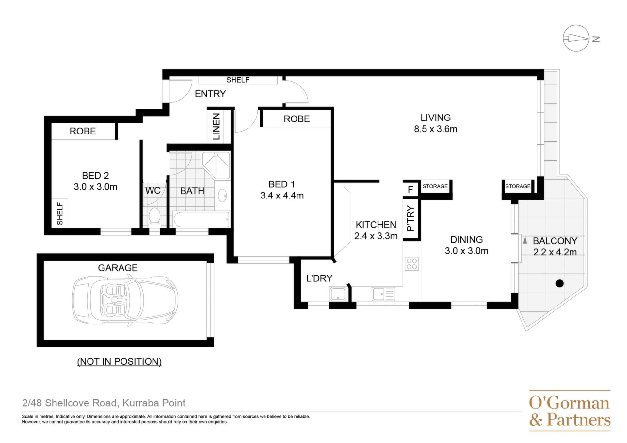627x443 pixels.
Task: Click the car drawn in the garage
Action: click(125, 301)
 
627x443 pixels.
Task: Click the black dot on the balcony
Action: click(560, 283)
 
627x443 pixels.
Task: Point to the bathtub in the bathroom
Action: click(201, 219)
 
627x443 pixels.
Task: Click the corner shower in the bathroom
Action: click(216, 165)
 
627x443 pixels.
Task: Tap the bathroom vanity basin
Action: click(223, 195)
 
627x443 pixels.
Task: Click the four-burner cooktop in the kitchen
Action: click(412, 264)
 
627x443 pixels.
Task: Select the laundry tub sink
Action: click(338, 294)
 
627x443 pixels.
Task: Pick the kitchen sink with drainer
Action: click(383, 294)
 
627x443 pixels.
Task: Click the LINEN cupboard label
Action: click(217, 127)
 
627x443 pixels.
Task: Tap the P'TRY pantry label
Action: click(411, 218)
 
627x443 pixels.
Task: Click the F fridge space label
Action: click(410, 190)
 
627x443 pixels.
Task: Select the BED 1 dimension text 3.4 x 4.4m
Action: click(282, 196)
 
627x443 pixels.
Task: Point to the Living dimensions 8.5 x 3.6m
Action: click(436, 129)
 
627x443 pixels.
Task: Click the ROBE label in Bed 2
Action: click(83, 131)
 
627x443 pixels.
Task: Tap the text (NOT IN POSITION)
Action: click(119, 362)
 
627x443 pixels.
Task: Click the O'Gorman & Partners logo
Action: click(570, 411)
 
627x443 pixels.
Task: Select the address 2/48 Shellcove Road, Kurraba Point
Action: click(104, 403)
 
